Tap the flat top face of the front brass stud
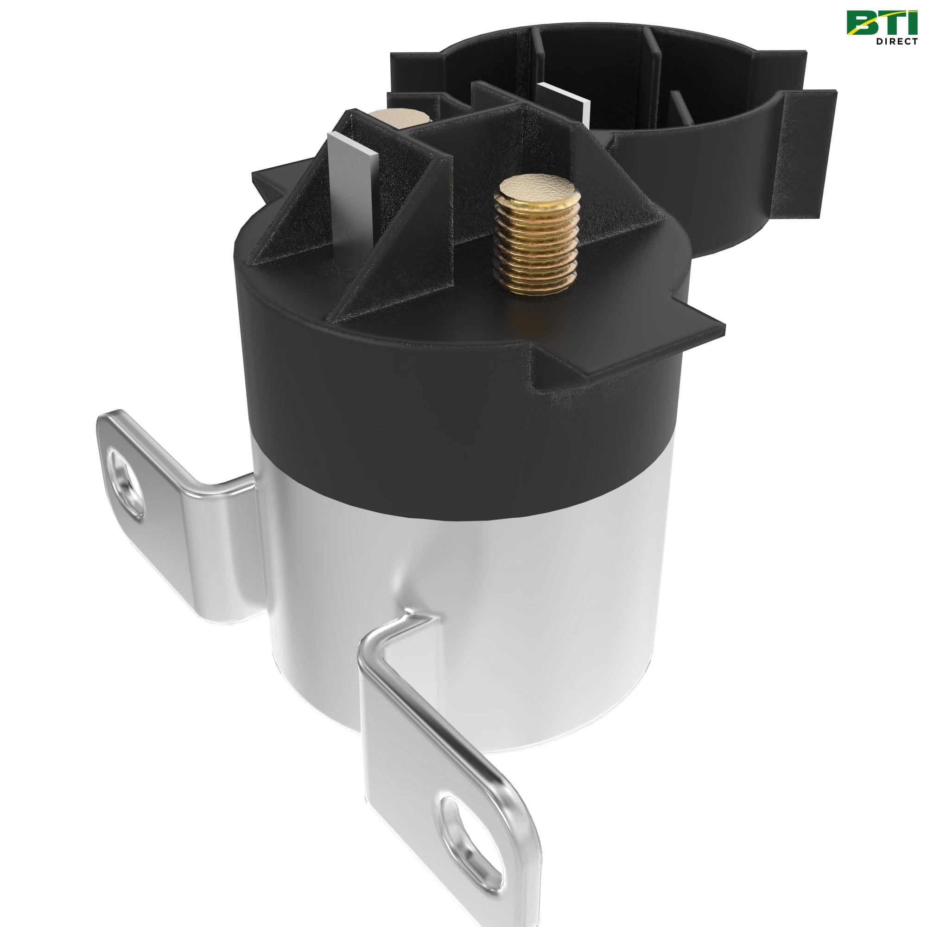click(x=532, y=185)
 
